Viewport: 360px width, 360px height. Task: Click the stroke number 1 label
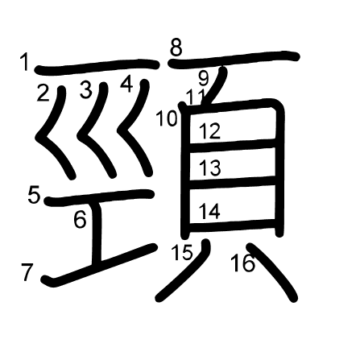click(x=25, y=62)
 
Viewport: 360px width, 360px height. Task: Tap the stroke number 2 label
click(x=43, y=93)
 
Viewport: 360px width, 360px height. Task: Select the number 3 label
click(x=86, y=89)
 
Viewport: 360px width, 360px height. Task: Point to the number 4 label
click(x=126, y=85)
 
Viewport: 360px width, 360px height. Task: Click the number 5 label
click(x=34, y=195)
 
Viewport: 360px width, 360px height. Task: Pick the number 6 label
click(x=80, y=220)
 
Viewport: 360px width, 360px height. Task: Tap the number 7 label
click(x=27, y=272)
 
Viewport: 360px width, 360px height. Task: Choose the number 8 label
click(x=176, y=48)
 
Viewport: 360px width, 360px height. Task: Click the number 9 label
click(x=204, y=78)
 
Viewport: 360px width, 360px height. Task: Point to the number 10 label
click(x=167, y=118)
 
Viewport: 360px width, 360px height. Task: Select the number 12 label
click(x=210, y=131)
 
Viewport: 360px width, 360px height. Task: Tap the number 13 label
click(x=210, y=168)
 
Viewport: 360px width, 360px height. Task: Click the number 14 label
click(x=209, y=211)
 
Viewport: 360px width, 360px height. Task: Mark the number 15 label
click(x=182, y=253)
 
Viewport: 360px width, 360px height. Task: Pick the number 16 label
click(x=243, y=263)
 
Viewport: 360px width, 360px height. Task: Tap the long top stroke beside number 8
click(x=234, y=60)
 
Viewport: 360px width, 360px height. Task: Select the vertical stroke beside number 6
click(x=97, y=233)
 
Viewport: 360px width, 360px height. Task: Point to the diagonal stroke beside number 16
click(x=273, y=271)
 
